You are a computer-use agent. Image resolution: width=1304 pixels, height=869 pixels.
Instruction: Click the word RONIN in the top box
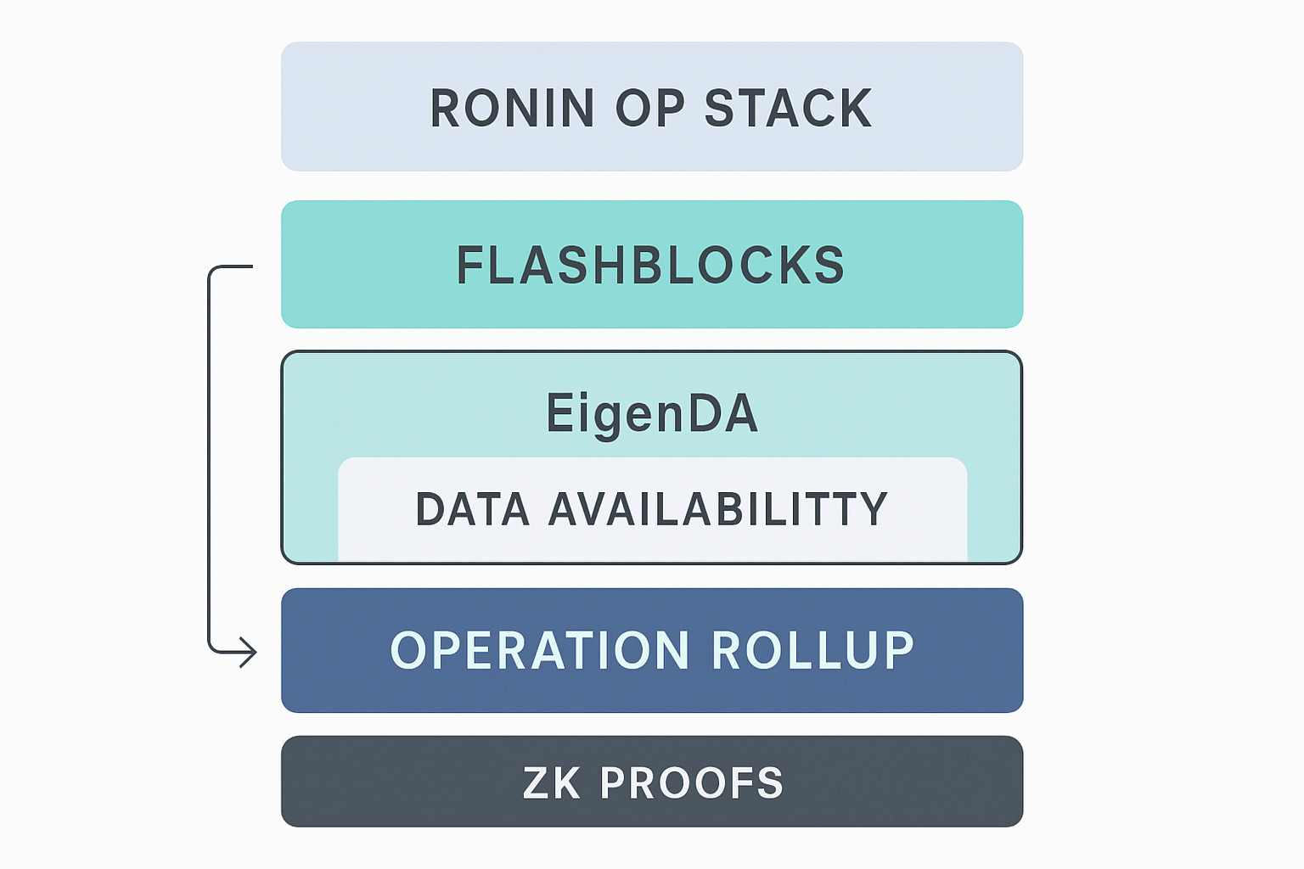coord(512,109)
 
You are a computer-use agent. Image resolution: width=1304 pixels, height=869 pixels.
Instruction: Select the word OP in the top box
coord(649,109)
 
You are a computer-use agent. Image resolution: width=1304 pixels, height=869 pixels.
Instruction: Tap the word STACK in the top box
coord(788,109)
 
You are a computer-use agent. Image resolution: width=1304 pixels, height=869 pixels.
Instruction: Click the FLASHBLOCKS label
coord(651,266)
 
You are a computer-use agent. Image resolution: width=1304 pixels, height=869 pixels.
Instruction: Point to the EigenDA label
coord(651,413)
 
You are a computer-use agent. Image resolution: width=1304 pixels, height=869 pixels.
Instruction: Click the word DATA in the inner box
coord(473,509)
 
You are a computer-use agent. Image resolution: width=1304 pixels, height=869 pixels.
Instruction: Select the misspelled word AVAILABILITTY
coord(718,509)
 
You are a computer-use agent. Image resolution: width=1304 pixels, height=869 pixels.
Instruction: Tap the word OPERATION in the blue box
coord(539,651)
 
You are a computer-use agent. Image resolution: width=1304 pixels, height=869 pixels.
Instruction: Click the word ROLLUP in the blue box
coord(812,651)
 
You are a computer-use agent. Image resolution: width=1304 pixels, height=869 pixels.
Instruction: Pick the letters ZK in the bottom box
coord(552,782)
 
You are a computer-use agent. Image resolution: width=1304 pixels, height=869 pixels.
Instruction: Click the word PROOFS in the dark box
coord(691,782)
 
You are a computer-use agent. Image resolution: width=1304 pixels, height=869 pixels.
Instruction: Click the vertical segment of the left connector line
coord(209,458)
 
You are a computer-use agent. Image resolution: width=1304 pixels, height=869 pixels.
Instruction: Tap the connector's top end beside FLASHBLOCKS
coord(250,266)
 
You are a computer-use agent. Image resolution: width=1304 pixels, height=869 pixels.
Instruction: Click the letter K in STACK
coord(854,109)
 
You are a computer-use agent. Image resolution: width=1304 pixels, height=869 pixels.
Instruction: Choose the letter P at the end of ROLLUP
coord(897,651)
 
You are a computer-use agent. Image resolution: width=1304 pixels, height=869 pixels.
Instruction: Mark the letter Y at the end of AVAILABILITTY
coord(873,509)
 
